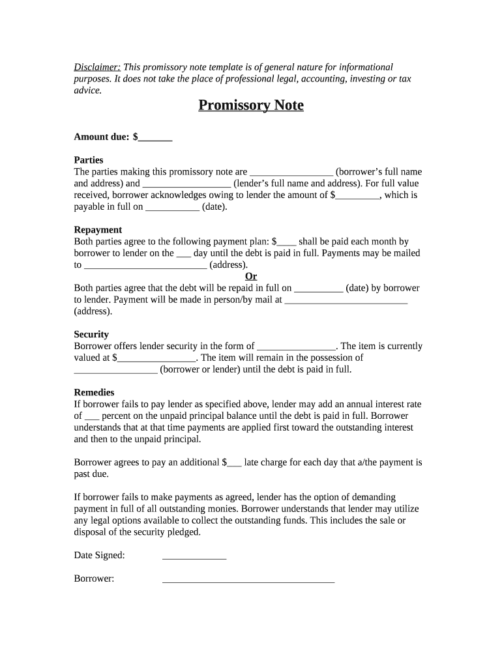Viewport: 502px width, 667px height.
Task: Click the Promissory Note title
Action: click(x=251, y=106)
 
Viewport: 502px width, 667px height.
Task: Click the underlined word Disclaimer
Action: click(x=96, y=67)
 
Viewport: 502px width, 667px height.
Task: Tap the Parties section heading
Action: click(x=89, y=160)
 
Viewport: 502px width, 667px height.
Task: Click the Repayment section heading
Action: click(x=98, y=230)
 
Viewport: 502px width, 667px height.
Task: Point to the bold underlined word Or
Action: click(x=251, y=276)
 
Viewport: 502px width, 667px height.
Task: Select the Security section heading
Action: click(x=91, y=334)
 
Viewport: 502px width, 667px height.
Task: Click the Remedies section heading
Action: click(x=94, y=393)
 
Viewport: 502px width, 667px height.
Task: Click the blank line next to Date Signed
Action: click(x=194, y=556)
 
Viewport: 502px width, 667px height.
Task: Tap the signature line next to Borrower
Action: click(x=248, y=579)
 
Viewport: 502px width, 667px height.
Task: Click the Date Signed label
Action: click(x=99, y=556)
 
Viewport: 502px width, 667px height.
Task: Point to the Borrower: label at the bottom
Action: click(x=94, y=578)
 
